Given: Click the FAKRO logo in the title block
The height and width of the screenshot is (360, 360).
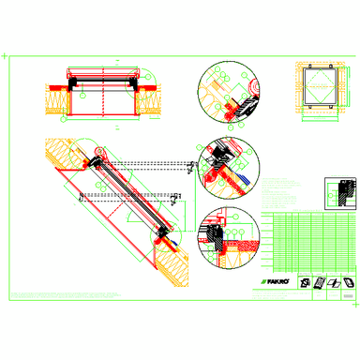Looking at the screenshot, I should (x=273, y=280).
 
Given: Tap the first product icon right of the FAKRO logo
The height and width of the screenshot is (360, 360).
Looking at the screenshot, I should (x=305, y=281).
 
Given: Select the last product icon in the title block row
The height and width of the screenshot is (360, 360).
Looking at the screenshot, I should (x=349, y=281).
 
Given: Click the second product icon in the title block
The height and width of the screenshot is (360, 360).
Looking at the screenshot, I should (x=320, y=281).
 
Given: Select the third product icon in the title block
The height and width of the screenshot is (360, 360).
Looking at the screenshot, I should (x=334, y=281).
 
